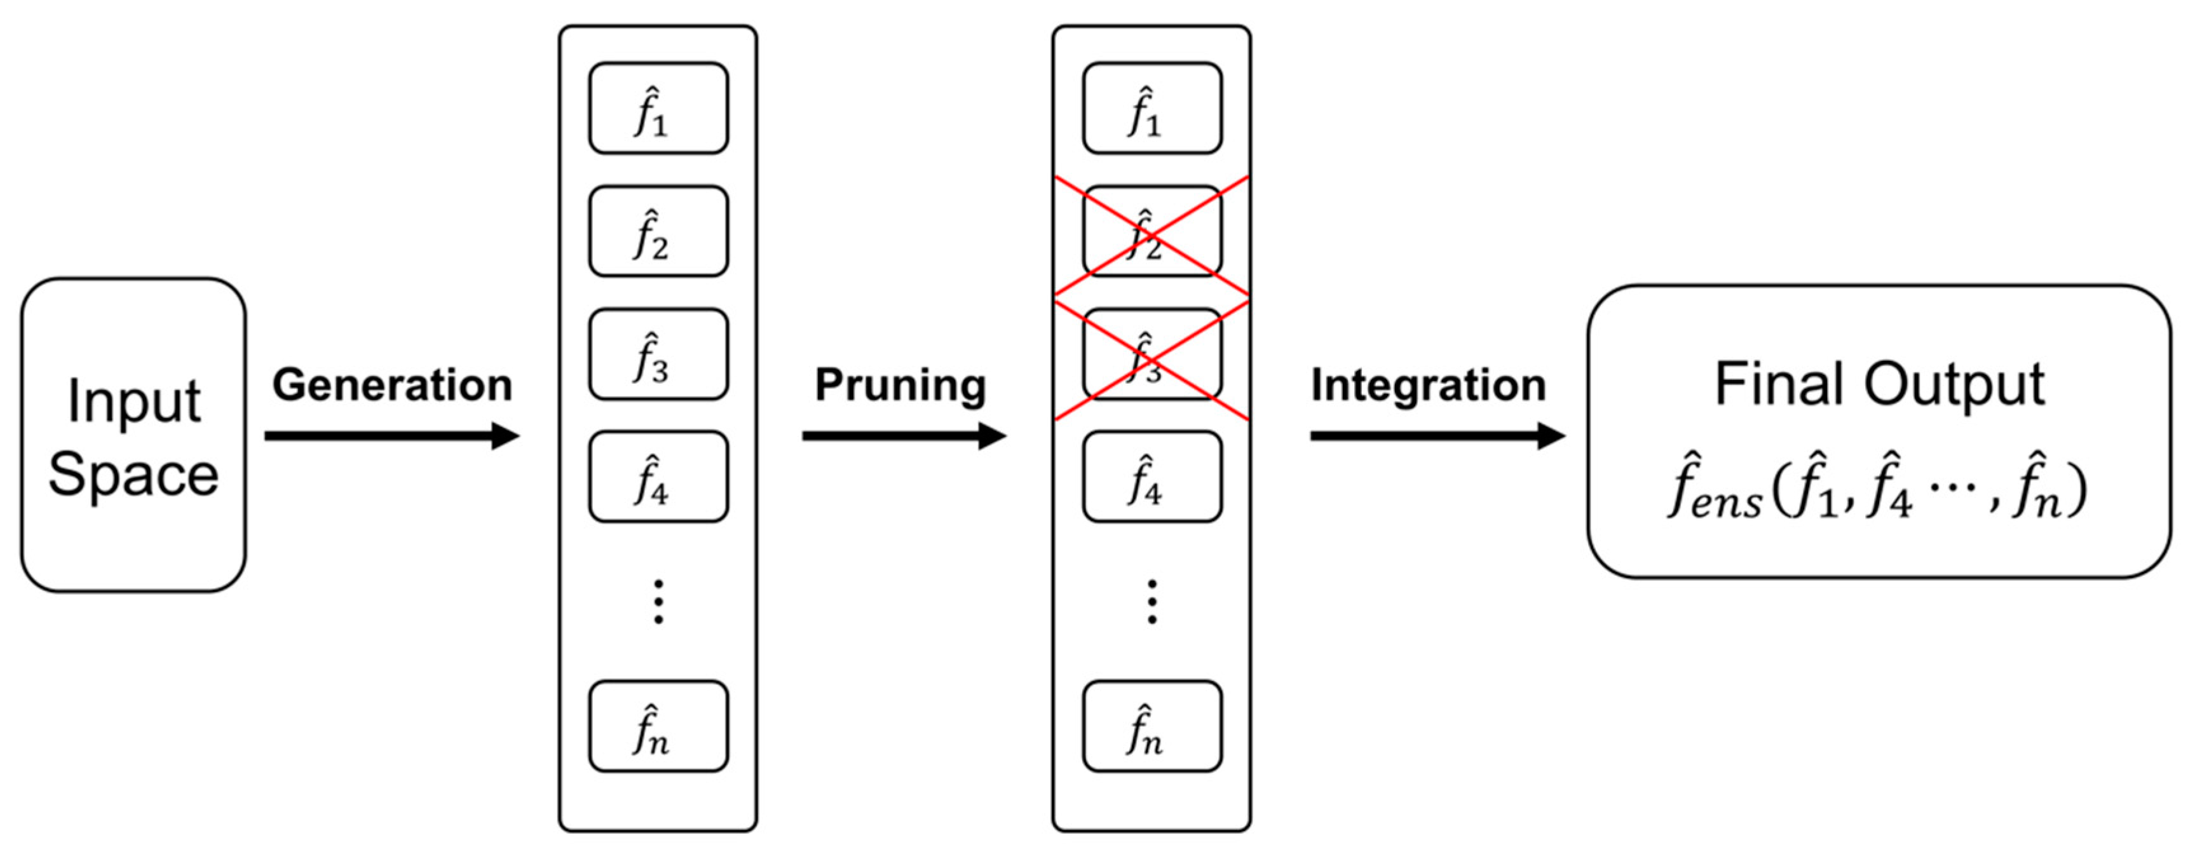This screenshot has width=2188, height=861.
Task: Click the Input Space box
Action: (133, 435)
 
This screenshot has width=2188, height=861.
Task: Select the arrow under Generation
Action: (391, 437)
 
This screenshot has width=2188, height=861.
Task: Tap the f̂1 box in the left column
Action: (658, 108)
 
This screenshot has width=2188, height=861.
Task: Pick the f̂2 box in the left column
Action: (658, 231)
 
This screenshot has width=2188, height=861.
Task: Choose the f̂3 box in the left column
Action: (658, 354)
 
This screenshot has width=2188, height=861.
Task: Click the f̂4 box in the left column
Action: (658, 477)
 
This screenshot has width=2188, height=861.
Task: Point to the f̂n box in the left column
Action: (658, 726)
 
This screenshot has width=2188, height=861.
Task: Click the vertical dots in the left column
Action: (658, 602)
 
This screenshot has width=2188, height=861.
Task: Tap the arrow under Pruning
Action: (904, 437)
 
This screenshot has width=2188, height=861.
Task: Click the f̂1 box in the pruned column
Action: (1152, 108)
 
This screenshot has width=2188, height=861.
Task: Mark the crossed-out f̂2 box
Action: (1152, 231)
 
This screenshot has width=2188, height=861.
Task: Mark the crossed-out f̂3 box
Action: (1152, 354)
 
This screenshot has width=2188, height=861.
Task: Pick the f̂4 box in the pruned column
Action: (1152, 477)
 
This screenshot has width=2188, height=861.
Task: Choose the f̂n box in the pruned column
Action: (1152, 726)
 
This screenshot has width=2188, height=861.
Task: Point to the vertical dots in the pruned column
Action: (1152, 602)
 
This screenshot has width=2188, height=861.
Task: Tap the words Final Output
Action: (1879, 384)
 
